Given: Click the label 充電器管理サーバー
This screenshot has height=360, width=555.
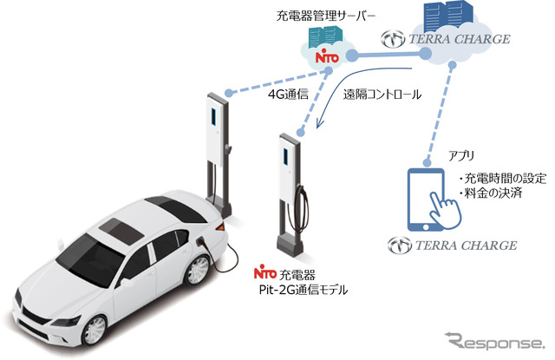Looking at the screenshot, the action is pos(325,16).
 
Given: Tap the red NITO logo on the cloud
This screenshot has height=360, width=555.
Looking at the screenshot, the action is pos(327,57).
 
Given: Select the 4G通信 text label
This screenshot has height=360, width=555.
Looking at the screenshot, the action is pos(287,95).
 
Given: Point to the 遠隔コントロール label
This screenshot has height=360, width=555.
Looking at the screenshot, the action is pos(382,95).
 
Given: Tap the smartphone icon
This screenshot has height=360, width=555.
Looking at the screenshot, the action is pos(426,200).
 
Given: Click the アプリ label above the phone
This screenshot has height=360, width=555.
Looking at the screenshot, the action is pos(461,155).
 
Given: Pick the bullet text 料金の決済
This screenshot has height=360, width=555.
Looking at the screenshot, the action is pos(493,193).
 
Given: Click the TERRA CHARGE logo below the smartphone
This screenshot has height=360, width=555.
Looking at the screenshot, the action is pos(453,245).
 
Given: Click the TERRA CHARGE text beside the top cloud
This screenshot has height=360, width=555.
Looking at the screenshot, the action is pos(446,39).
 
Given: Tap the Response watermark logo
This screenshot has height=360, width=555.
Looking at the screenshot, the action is pos(494,342).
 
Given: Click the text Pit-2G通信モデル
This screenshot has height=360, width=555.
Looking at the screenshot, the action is pos(304,291).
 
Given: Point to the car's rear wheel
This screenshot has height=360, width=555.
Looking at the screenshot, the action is pos(198,270).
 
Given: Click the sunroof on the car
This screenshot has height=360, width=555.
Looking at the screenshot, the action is pos(121,231).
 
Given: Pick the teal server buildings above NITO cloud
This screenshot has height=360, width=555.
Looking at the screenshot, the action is pos(326,37).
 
